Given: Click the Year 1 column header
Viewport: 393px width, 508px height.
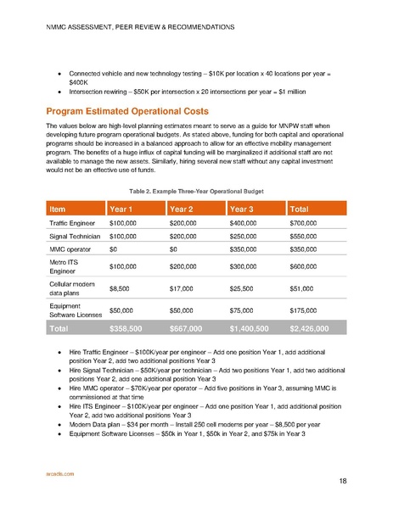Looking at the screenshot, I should [x=124, y=209].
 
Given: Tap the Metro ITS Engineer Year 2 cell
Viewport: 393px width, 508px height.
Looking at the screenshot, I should [x=186, y=278].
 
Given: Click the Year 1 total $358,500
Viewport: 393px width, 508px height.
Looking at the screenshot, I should [x=129, y=350].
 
